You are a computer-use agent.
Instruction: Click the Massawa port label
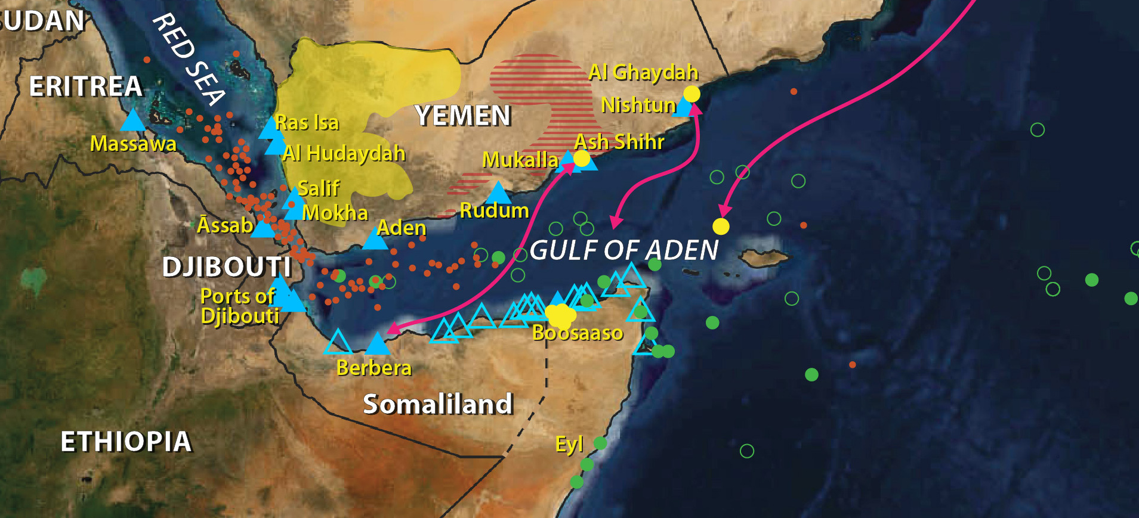click(x=133, y=144)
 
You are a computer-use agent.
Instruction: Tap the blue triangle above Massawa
click(x=132, y=121)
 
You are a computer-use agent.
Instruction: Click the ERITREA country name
click(x=86, y=87)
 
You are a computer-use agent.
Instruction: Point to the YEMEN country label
click(x=463, y=116)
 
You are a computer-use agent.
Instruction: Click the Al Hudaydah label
click(x=344, y=153)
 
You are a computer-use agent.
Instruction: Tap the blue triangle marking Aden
click(x=375, y=240)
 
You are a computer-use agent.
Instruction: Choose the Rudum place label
click(x=494, y=210)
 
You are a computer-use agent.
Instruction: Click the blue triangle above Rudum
click(x=498, y=193)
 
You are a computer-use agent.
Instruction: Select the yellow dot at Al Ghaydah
click(x=692, y=94)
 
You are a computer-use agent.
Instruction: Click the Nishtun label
click(x=638, y=106)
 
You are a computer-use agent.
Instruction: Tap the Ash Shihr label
click(x=619, y=142)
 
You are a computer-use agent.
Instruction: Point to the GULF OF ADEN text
click(x=623, y=250)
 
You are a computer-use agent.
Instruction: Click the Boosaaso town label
click(x=577, y=333)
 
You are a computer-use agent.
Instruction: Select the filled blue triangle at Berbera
click(x=377, y=345)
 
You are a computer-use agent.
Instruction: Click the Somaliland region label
click(x=438, y=404)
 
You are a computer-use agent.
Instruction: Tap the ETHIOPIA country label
click(x=126, y=442)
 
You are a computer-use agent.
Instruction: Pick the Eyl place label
click(x=569, y=445)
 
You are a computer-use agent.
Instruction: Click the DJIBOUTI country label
click(x=227, y=267)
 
